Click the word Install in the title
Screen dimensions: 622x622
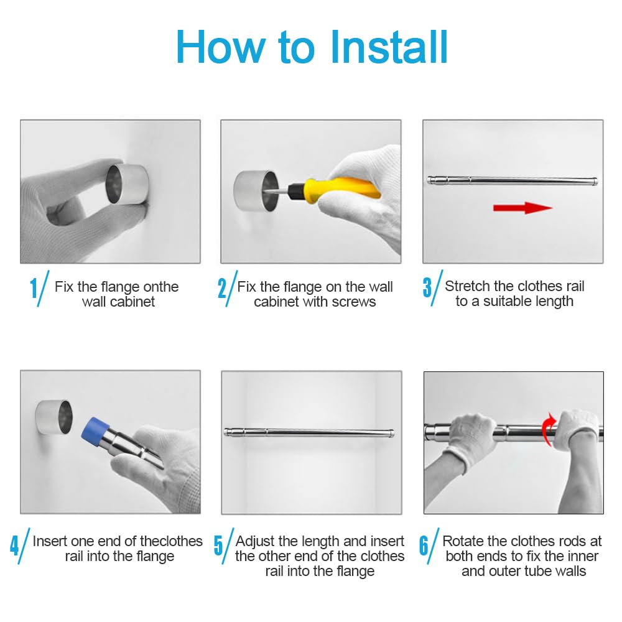[x=389, y=47]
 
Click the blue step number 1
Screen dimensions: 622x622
[x=34, y=288]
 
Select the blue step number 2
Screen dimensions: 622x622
[x=222, y=288]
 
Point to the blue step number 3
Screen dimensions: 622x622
[x=427, y=287]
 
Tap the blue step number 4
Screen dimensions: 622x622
[x=14, y=545]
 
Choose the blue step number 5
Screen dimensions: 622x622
[x=218, y=545]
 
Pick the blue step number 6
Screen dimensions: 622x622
[x=424, y=545]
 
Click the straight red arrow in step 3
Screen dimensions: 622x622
[x=523, y=208]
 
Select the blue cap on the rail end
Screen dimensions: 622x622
[x=95, y=429]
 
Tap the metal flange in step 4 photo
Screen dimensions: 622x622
[x=54, y=417]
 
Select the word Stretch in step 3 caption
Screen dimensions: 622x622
[x=468, y=286]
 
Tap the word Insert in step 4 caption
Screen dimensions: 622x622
[x=50, y=541]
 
